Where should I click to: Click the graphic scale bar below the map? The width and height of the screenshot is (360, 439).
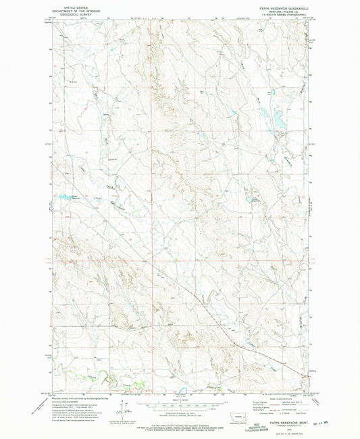(x=180, y=406)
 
